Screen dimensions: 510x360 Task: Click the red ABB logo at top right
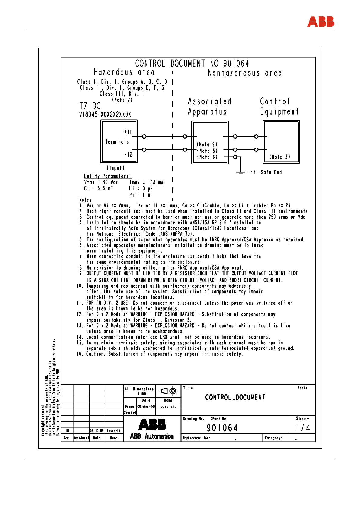click(321, 22)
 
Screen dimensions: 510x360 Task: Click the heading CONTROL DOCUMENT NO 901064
click(192, 64)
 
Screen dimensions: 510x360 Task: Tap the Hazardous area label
click(124, 72)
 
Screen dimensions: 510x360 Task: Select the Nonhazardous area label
click(245, 73)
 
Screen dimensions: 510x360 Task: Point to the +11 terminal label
click(128, 132)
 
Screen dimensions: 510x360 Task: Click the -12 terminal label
click(129, 154)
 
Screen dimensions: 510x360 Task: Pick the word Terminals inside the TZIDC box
click(117, 142)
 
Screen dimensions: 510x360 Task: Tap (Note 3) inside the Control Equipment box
click(280, 157)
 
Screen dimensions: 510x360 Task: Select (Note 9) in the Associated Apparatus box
click(207, 144)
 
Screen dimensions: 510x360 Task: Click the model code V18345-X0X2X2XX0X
click(105, 114)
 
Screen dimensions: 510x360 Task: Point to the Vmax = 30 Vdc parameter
click(101, 182)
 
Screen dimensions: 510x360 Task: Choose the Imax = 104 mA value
click(146, 182)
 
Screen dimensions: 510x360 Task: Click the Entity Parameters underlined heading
click(107, 176)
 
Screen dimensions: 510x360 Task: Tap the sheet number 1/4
click(303, 428)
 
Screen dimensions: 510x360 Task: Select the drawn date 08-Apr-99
click(146, 406)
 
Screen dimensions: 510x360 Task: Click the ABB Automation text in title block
click(152, 436)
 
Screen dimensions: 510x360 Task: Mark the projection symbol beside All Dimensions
click(168, 391)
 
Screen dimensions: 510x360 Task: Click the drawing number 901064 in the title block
click(222, 428)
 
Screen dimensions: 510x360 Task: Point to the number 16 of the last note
click(80, 354)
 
